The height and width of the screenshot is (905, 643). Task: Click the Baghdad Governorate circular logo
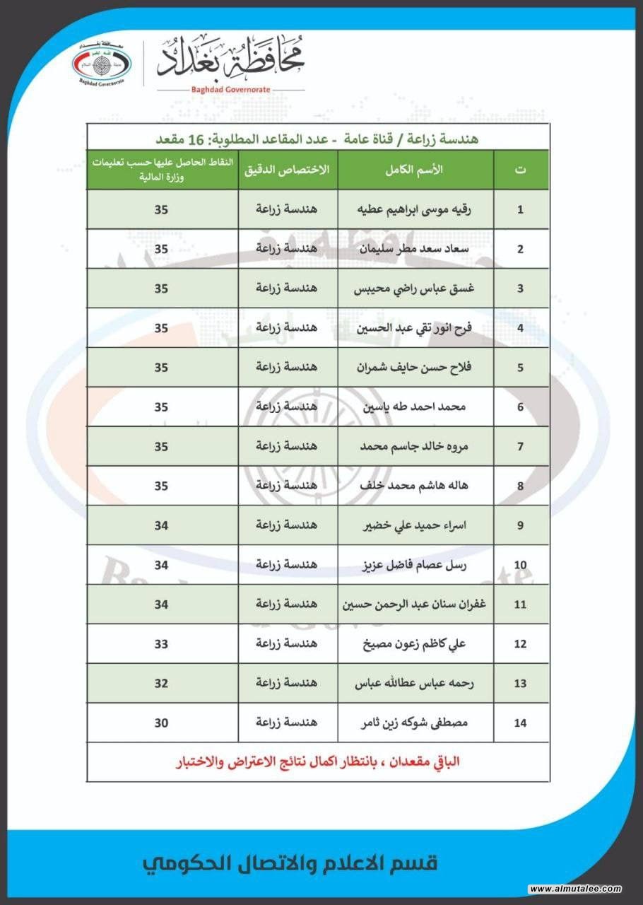(x=102, y=63)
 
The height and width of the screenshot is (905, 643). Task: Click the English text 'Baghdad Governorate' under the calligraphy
(x=230, y=90)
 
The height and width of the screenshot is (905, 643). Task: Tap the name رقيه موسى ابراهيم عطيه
(x=416, y=209)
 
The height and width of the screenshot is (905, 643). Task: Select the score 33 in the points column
(x=162, y=643)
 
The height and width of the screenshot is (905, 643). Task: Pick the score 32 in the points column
(x=162, y=683)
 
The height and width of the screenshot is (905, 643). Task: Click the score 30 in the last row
(x=162, y=723)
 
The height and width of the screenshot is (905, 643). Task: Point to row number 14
(x=521, y=723)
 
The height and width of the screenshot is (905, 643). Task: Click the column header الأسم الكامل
(x=416, y=170)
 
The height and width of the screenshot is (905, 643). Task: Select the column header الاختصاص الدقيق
(x=288, y=170)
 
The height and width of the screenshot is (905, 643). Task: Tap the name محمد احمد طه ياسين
(x=416, y=407)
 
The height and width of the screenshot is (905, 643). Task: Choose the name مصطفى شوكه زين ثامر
(x=416, y=723)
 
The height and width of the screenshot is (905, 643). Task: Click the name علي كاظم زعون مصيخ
(x=416, y=643)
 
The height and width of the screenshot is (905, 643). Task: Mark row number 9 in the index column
(x=521, y=525)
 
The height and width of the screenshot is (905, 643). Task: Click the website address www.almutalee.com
(x=574, y=889)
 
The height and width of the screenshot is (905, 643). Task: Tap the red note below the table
(x=318, y=762)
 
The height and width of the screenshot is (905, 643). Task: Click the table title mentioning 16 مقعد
(x=317, y=139)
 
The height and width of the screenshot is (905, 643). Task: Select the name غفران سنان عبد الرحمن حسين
(x=416, y=605)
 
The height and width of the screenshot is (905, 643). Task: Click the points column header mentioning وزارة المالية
(x=162, y=170)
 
